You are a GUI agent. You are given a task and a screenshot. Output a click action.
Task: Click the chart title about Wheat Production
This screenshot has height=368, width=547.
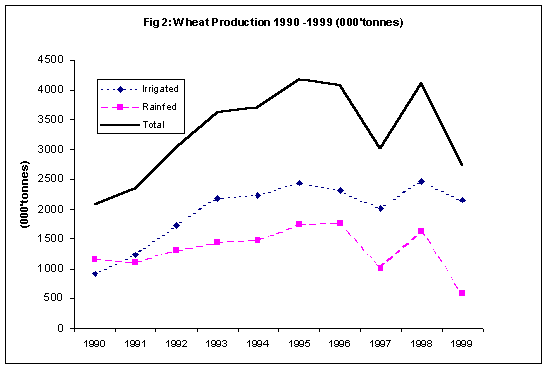(273, 23)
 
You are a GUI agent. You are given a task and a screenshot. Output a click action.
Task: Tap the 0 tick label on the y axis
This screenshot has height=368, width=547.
(60, 328)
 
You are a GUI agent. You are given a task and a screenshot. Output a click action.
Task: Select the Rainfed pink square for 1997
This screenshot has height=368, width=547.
(380, 268)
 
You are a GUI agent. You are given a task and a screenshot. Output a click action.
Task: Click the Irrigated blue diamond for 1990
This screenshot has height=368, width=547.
(95, 274)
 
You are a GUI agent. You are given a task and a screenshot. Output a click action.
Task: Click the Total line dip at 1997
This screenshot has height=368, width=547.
(380, 148)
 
